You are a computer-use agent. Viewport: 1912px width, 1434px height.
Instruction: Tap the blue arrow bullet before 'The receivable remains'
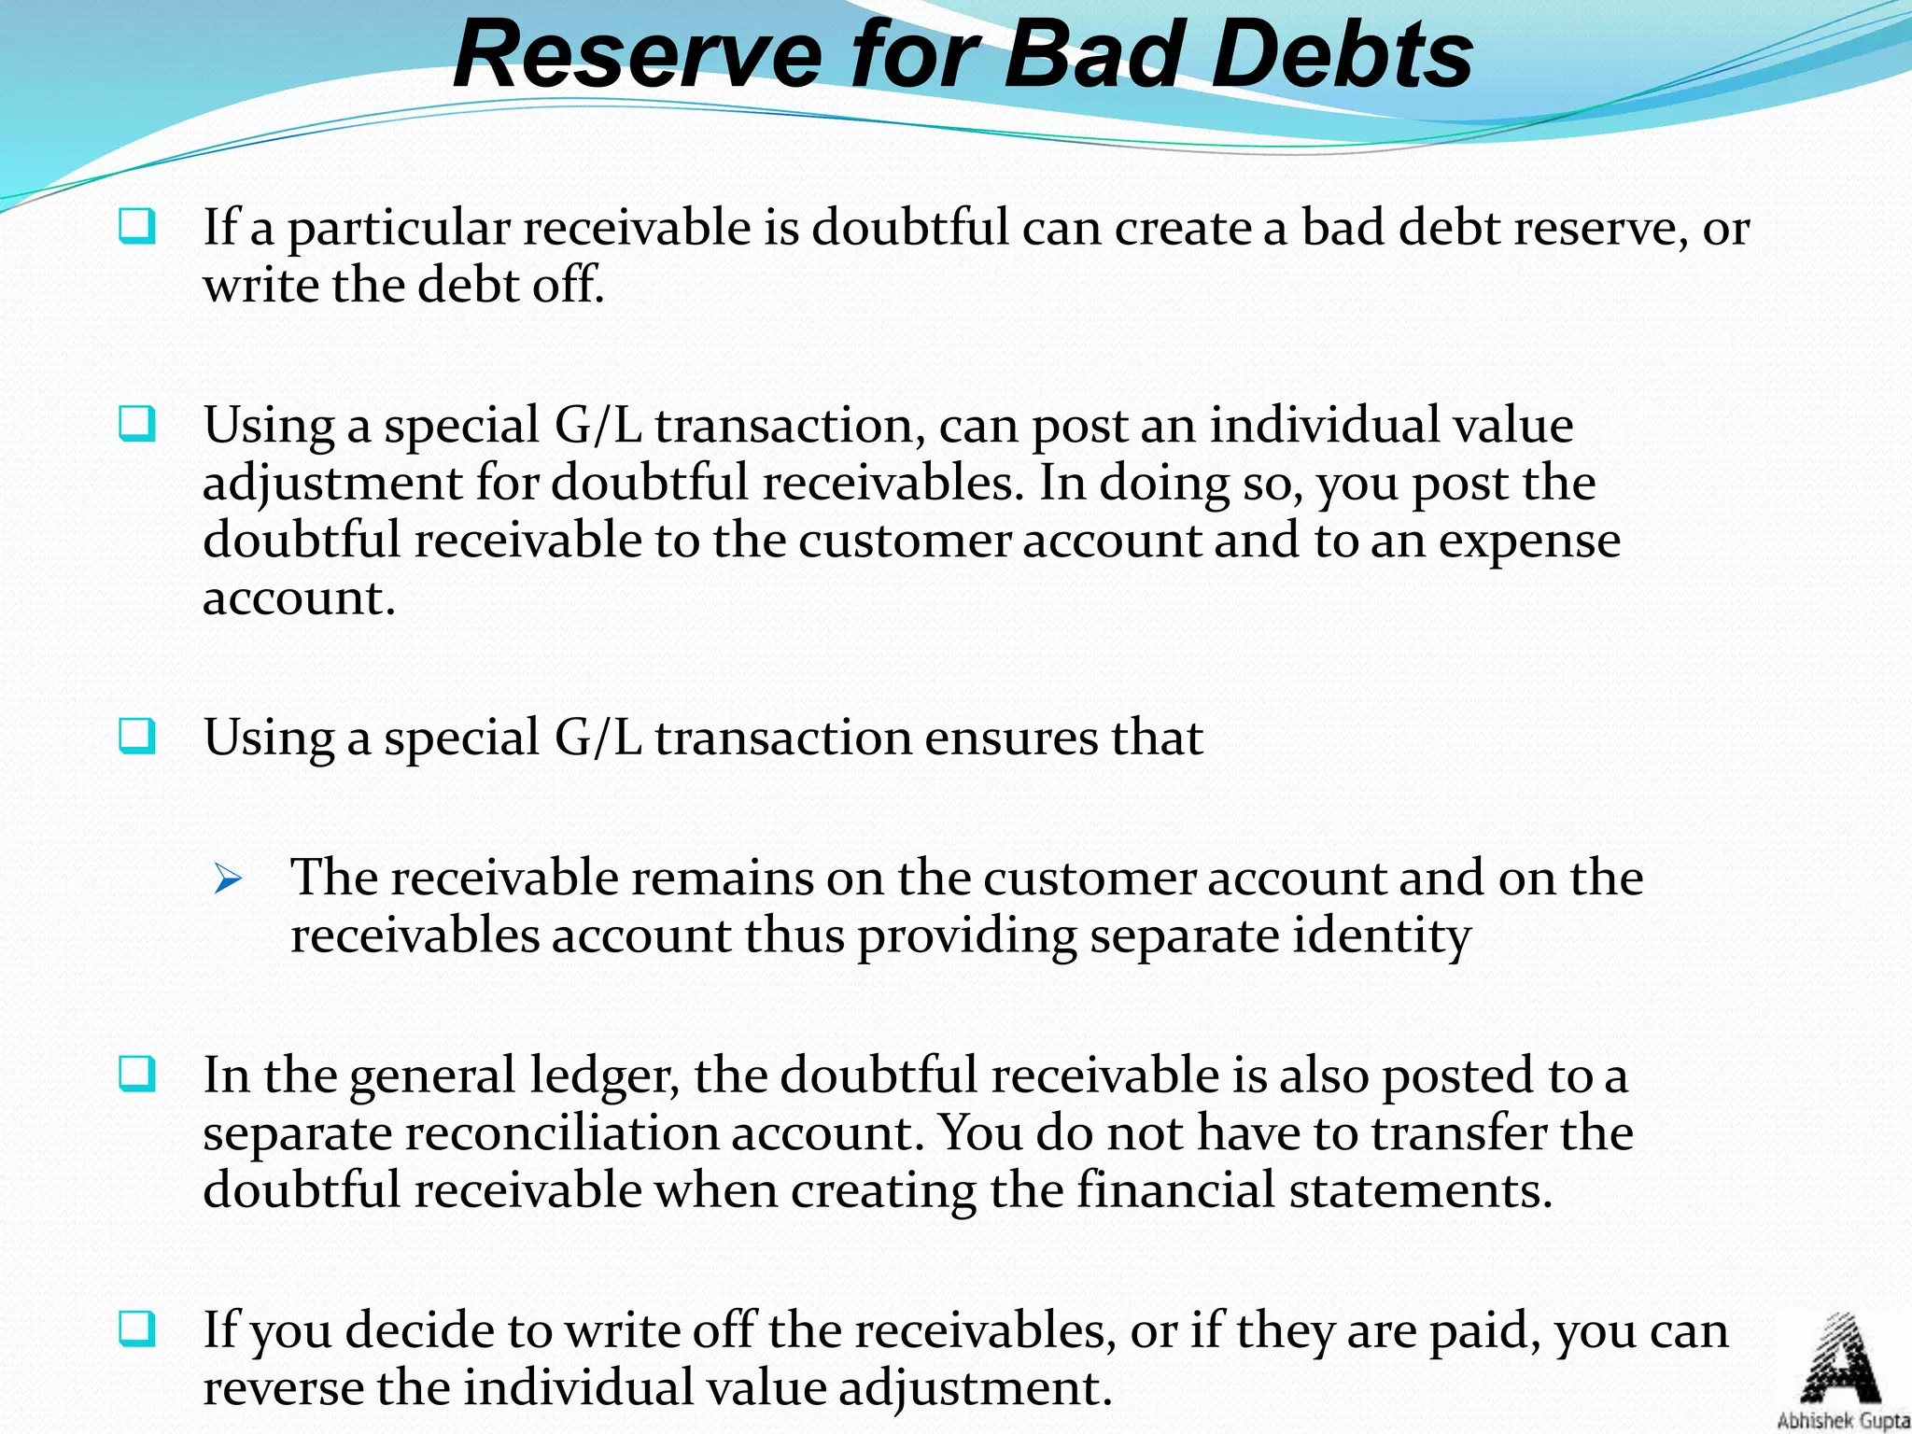pyautogui.click(x=227, y=879)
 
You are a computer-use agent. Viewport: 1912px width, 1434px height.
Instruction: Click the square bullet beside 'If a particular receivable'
pyautogui.click(x=137, y=227)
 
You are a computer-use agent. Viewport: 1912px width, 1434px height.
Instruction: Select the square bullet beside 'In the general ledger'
pyautogui.click(x=137, y=1075)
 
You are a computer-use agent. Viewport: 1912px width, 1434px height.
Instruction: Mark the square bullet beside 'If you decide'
pyautogui.click(x=137, y=1329)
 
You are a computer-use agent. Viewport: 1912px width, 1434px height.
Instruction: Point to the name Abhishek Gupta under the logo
pyautogui.click(x=1843, y=1421)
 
